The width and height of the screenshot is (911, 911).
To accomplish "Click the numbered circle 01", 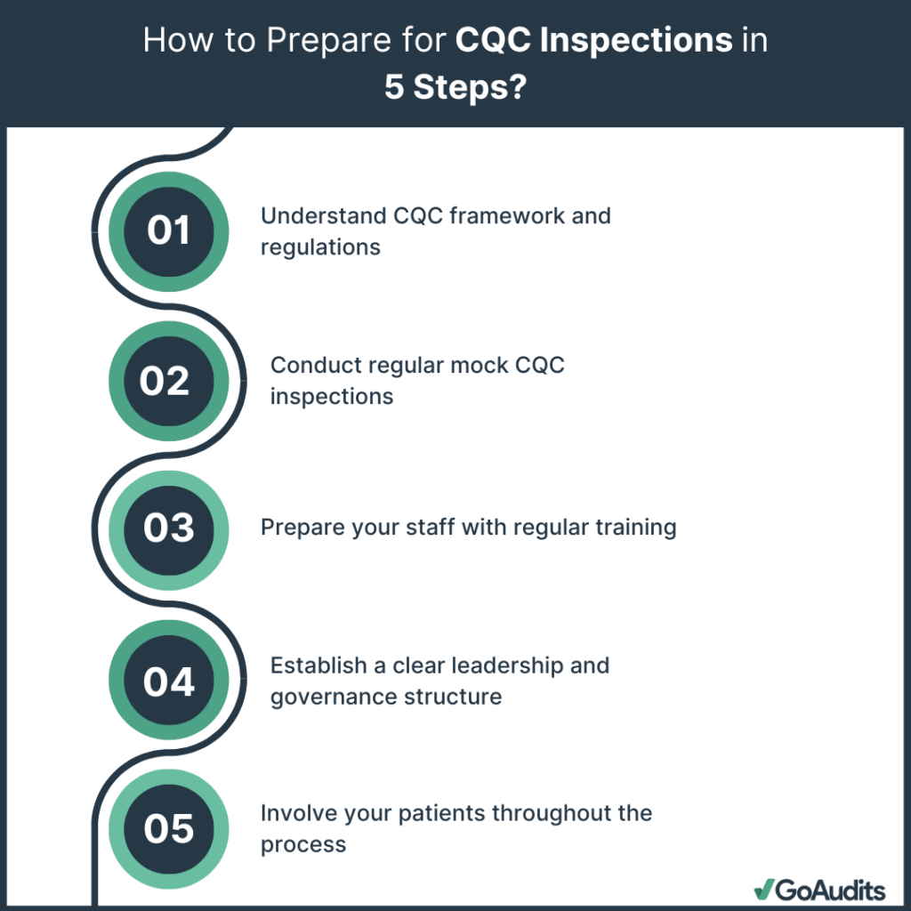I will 168,230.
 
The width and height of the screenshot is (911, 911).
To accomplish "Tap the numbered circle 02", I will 165,381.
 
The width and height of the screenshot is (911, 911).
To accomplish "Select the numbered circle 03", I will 168,528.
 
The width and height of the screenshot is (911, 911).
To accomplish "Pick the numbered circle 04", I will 168,681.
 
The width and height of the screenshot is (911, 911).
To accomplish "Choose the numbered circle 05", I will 168,828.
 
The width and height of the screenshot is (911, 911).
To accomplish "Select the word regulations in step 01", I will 320,246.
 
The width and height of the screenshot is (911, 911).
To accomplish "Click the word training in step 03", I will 637,528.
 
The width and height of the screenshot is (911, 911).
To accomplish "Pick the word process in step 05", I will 303,844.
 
